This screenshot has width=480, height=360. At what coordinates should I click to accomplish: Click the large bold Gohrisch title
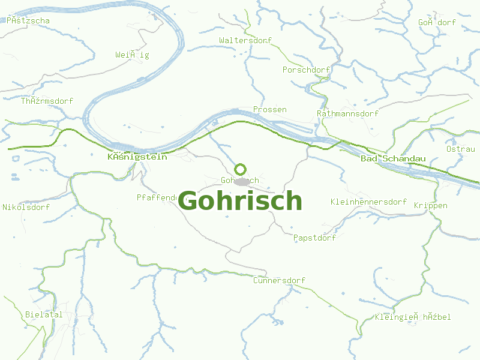pos(240,200)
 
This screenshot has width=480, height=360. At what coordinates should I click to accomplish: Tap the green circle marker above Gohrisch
pos(240,169)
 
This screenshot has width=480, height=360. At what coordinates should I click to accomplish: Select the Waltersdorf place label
pos(245,40)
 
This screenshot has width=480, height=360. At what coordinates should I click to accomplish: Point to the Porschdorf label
pos(306,70)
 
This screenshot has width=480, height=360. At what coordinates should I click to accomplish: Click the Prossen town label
pos(269,110)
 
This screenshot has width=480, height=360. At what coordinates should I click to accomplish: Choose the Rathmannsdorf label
pos(347,113)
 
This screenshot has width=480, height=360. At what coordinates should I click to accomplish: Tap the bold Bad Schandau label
pos(393,158)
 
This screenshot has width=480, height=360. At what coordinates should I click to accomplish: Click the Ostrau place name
pos(460,149)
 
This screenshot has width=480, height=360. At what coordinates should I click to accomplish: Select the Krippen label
pos(430,205)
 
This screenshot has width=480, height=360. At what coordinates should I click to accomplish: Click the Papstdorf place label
pos(314,238)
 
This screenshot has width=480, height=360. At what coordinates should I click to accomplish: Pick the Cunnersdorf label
pos(279,280)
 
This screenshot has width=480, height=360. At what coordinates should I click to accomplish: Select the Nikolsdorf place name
pos(26,207)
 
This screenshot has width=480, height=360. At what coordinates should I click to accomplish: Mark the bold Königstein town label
pos(137,157)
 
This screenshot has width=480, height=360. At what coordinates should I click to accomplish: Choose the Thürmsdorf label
pos(47,101)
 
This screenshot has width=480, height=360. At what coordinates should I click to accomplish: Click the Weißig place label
pos(132,55)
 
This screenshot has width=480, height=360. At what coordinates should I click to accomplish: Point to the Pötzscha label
pos(28,20)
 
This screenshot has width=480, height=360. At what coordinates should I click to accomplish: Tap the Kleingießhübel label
pos(412,317)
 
